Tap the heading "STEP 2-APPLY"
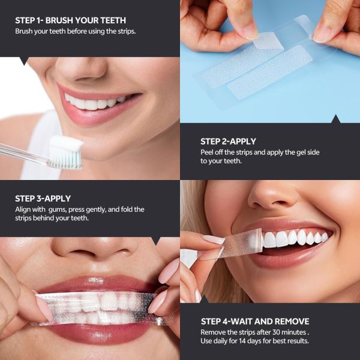tap(228, 141)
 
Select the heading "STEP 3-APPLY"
tap(43, 198)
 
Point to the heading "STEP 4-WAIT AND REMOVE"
tap(255, 321)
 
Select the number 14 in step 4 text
tap(253, 341)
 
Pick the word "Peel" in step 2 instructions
tap(208, 152)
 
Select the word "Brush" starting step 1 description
tap(25, 31)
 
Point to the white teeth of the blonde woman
tap(294, 239)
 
